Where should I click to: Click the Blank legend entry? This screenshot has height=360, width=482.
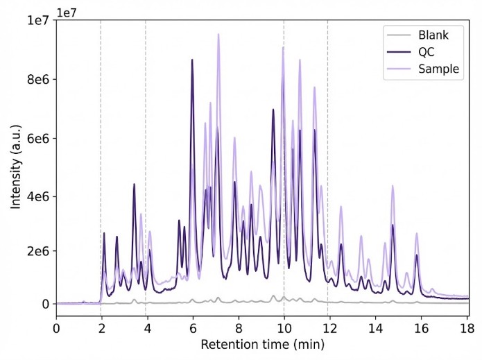tap(433, 35)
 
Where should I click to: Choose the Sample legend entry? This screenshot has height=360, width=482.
tap(438, 68)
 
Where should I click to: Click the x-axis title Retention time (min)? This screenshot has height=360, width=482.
tap(262, 344)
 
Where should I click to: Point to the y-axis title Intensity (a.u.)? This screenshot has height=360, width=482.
tap(15, 162)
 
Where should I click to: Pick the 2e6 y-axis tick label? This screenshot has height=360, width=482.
tap(38, 250)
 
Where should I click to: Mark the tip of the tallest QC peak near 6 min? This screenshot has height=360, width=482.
tap(192, 60)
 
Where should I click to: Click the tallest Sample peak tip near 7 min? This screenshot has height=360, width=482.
tap(218, 34)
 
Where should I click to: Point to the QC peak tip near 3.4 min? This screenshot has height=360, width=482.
tap(134, 184)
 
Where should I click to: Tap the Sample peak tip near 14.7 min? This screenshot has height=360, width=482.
tap(393, 186)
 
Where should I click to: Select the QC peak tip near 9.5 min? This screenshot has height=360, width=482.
tap(273, 110)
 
